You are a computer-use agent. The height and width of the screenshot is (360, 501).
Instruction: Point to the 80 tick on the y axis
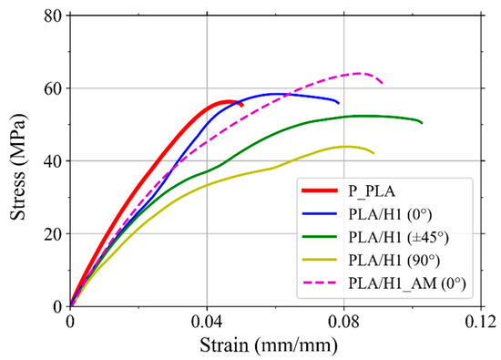tap(53, 15)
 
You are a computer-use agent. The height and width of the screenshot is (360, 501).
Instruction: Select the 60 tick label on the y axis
tap(53, 88)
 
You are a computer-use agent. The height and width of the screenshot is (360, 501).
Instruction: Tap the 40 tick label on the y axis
tap(53, 161)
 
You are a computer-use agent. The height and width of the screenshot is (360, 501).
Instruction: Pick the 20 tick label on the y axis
tap(53, 234)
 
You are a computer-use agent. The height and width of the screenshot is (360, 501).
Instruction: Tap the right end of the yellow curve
tap(373, 153)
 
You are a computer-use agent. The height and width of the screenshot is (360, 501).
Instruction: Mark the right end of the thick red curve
tap(241, 105)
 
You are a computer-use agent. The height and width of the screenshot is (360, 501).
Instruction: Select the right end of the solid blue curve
tap(339, 102)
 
